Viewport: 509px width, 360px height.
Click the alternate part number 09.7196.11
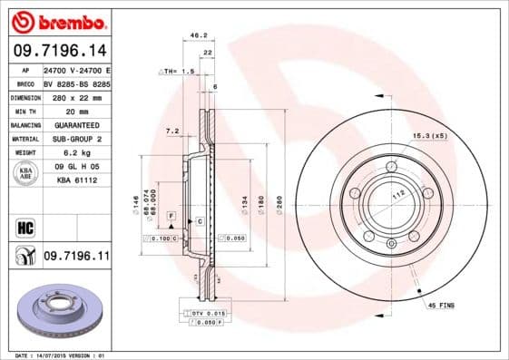77,258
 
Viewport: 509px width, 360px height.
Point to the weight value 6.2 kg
74,152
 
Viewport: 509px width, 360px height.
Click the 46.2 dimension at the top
193,36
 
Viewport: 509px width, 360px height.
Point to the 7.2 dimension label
172,131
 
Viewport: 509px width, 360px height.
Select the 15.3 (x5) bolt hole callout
430,136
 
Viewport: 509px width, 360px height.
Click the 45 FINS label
441,306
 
